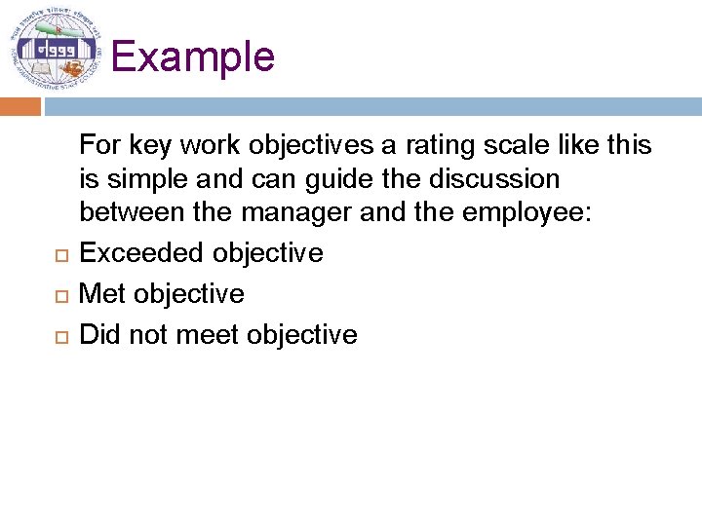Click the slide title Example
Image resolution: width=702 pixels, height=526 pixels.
[193, 56]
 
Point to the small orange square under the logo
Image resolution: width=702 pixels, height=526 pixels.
[20, 105]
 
